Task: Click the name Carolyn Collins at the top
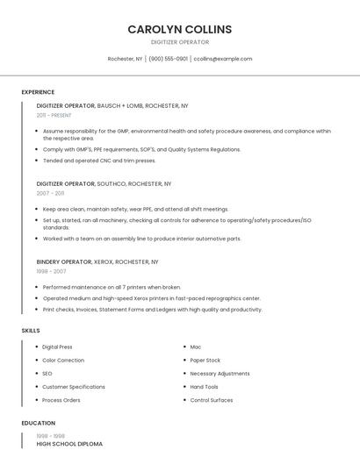[x=179, y=29]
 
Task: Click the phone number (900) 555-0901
[x=168, y=59]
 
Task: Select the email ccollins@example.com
[x=222, y=59]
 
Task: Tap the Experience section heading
[x=38, y=92]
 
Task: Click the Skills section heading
[x=31, y=330]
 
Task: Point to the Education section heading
[x=39, y=423]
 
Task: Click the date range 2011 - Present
[x=54, y=115]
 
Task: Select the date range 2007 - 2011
[x=50, y=193]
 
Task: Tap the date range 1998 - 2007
[x=50, y=271]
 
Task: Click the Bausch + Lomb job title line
[x=112, y=105]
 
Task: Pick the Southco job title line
[x=104, y=183]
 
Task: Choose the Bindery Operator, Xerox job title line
[x=97, y=261]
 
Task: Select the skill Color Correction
[x=63, y=360]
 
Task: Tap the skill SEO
[x=47, y=373]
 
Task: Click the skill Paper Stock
[x=205, y=360]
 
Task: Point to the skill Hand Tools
[x=205, y=386]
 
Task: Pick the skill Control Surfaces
[x=212, y=400]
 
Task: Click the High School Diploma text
[x=69, y=444]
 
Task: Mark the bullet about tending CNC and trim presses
[x=99, y=161]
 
